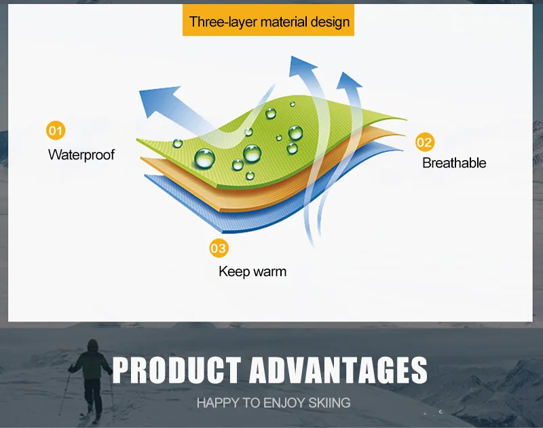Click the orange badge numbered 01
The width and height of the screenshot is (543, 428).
(56, 130)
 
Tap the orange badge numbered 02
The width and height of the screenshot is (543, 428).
(425, 142)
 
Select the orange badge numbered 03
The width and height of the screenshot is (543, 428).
(219, 248)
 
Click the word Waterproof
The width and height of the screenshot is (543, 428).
(81, 155)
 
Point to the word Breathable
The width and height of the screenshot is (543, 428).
(454, 163)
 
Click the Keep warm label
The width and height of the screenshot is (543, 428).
(252, 271)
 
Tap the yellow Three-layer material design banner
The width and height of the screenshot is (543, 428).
(268, 20)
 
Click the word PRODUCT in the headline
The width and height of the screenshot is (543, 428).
(176, 370)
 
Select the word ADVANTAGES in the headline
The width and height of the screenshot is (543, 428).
(338, 370)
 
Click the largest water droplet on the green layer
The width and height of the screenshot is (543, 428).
(205, 159)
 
